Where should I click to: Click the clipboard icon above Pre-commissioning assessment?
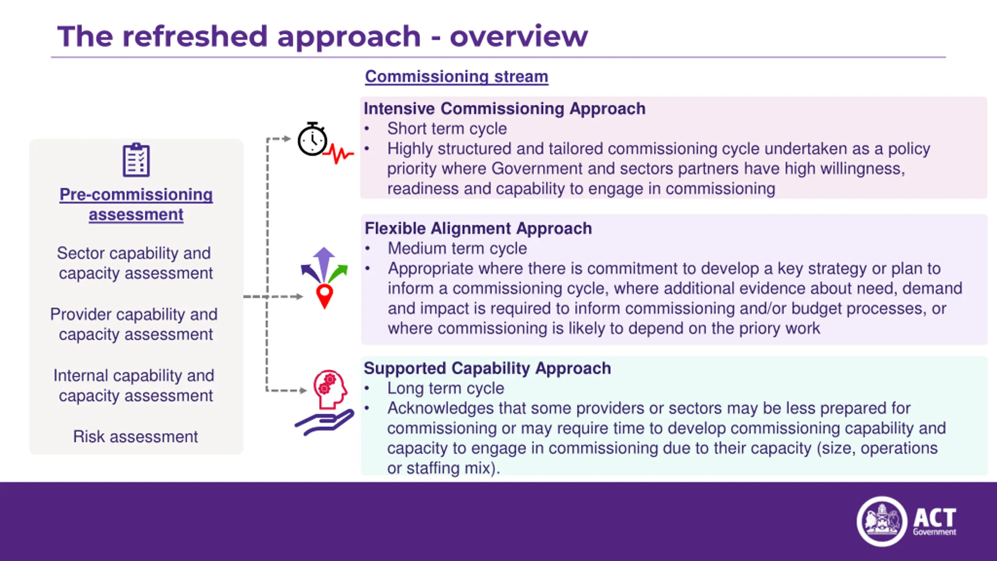point(136,160)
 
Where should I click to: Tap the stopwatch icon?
point(312,139)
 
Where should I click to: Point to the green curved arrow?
point(338,272)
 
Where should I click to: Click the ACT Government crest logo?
point(882,521)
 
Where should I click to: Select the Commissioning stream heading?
point(456,76)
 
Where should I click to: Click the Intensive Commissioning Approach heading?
point(504,109)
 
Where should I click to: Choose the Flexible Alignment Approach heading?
point(478,228)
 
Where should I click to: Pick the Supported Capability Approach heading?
point(487,368)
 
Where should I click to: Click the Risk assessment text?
point(136,436)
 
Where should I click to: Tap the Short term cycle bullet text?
point(447,129)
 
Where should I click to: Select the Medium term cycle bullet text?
point(457,249)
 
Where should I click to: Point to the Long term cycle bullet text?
point(446,388)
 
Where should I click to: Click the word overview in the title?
point(519,37)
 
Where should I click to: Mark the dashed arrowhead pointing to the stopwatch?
point(287,139)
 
